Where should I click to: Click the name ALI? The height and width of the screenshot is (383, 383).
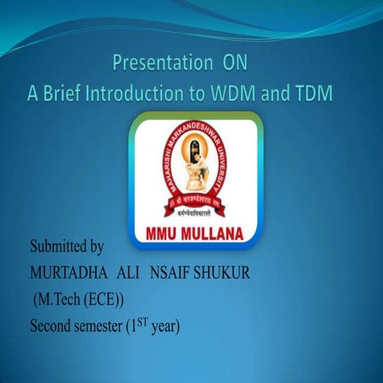pyautogui.click(x=130, y=274)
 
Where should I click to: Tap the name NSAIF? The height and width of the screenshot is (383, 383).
pyautogui.click(x=182, y=274)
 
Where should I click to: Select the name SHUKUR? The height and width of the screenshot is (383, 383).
pyautogui.click(x=230, y=274)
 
